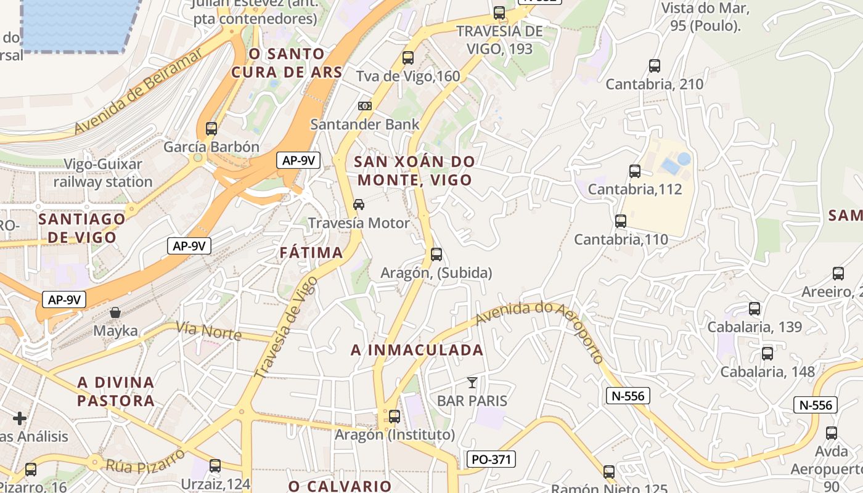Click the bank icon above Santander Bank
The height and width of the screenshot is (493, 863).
[365, 106]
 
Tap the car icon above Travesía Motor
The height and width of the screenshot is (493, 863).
[359, 204]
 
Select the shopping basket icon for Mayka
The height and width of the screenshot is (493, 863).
[115, 312]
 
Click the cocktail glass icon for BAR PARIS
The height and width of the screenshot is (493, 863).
[472, 383]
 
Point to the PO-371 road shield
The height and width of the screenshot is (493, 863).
[491, 459]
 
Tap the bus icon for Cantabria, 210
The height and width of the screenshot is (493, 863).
[655, 65]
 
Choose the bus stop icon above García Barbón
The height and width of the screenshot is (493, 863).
[211, 129]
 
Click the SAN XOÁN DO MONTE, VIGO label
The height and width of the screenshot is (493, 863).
[415, 171]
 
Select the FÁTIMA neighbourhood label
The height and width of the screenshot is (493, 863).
[311, 253]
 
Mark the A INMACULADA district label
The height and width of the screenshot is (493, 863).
[417, 350]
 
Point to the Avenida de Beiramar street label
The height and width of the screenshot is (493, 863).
[139, 91]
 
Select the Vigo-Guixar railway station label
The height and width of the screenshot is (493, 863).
[103, 173]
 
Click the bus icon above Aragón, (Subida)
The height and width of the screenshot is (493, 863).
[436, 254]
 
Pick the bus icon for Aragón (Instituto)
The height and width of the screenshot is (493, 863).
[395, 417]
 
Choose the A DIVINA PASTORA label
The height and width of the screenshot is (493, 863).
[116, 391]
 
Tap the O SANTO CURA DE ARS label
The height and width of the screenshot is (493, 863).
[287, 63]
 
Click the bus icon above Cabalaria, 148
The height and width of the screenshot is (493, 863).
[767, 354]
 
